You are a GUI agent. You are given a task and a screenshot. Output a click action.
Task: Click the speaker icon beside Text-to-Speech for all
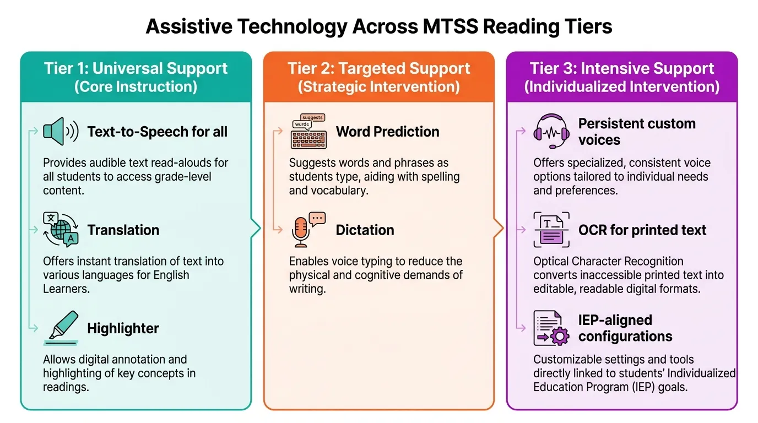click(x=61, y=131)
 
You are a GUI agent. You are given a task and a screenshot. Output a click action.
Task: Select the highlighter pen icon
click(x=61, y=328)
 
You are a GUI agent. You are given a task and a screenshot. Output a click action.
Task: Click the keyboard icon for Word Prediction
click(x=308, y=131)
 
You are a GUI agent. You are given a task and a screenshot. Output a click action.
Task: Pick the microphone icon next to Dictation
click(x=308, y=230)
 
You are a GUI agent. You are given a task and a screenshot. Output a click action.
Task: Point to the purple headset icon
click(x=551, y=131)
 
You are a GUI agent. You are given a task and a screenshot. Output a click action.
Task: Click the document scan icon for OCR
click(x=551, y=230)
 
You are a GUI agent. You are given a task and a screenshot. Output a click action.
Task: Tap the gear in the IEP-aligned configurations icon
click(x=560, y=336)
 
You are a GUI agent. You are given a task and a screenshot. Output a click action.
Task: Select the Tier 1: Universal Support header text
click(x=136, y=68)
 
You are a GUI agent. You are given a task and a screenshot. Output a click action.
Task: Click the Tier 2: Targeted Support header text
click(x=378, y=68)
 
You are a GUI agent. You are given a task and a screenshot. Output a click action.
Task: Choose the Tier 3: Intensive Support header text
click(x=622, y=68)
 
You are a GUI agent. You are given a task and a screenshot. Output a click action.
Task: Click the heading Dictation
click(x=365, y=230)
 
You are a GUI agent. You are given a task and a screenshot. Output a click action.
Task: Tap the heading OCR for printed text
click(x=642, y=230)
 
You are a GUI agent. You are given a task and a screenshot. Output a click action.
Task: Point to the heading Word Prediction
click(x=387, y=132)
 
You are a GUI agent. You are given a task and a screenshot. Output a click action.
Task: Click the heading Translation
click(x=123, y=230)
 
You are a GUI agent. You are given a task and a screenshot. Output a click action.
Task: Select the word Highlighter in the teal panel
click(x=123, y=328)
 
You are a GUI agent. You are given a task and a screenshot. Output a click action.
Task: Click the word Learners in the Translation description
click(x=66, y=289)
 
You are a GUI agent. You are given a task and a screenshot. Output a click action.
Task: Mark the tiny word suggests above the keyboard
click(x=312, y=117)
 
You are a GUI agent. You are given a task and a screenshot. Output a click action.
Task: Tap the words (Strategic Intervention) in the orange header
click(x=378, y=86)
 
